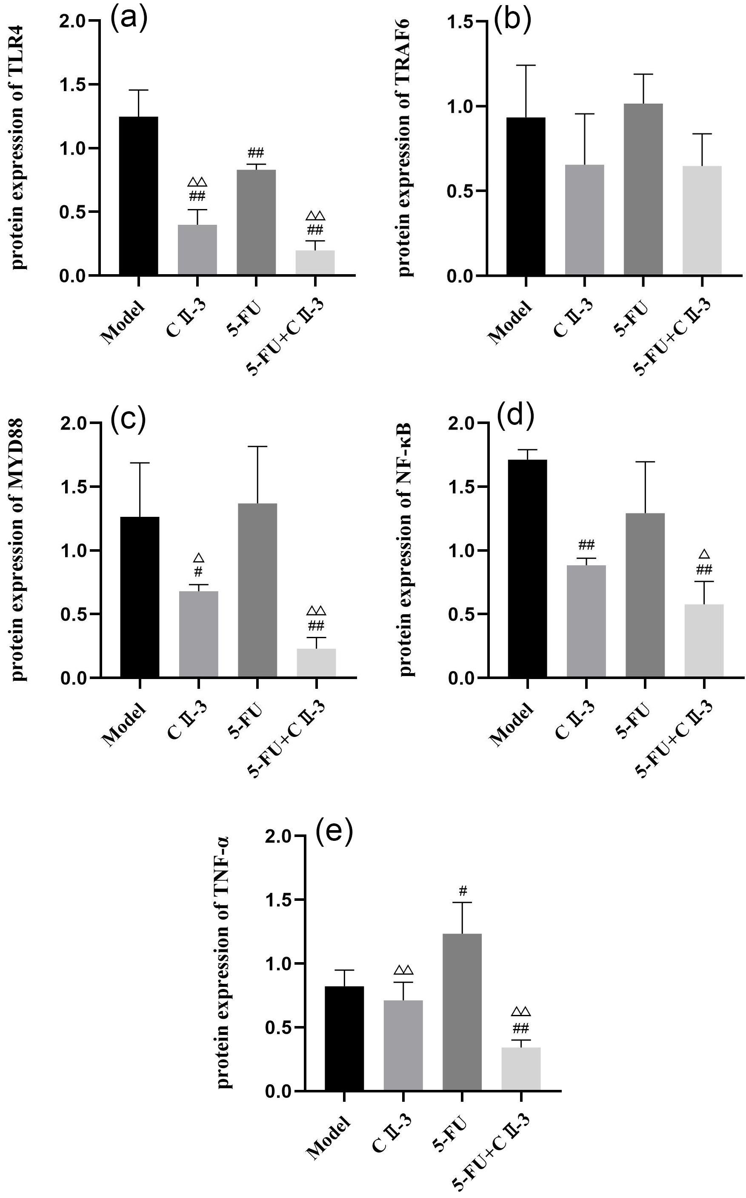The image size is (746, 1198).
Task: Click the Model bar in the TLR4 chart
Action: click(139, 195)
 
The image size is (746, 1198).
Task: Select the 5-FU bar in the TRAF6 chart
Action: click(643, 189)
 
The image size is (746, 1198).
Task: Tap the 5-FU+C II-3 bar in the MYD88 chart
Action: click(316, 662)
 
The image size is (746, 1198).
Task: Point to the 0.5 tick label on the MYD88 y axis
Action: click(74, 615)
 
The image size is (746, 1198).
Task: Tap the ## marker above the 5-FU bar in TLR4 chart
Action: click(256, 152)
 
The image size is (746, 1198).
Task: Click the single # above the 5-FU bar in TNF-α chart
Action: click(462, 891)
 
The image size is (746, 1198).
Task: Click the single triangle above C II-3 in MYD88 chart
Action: click(198, 558)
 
